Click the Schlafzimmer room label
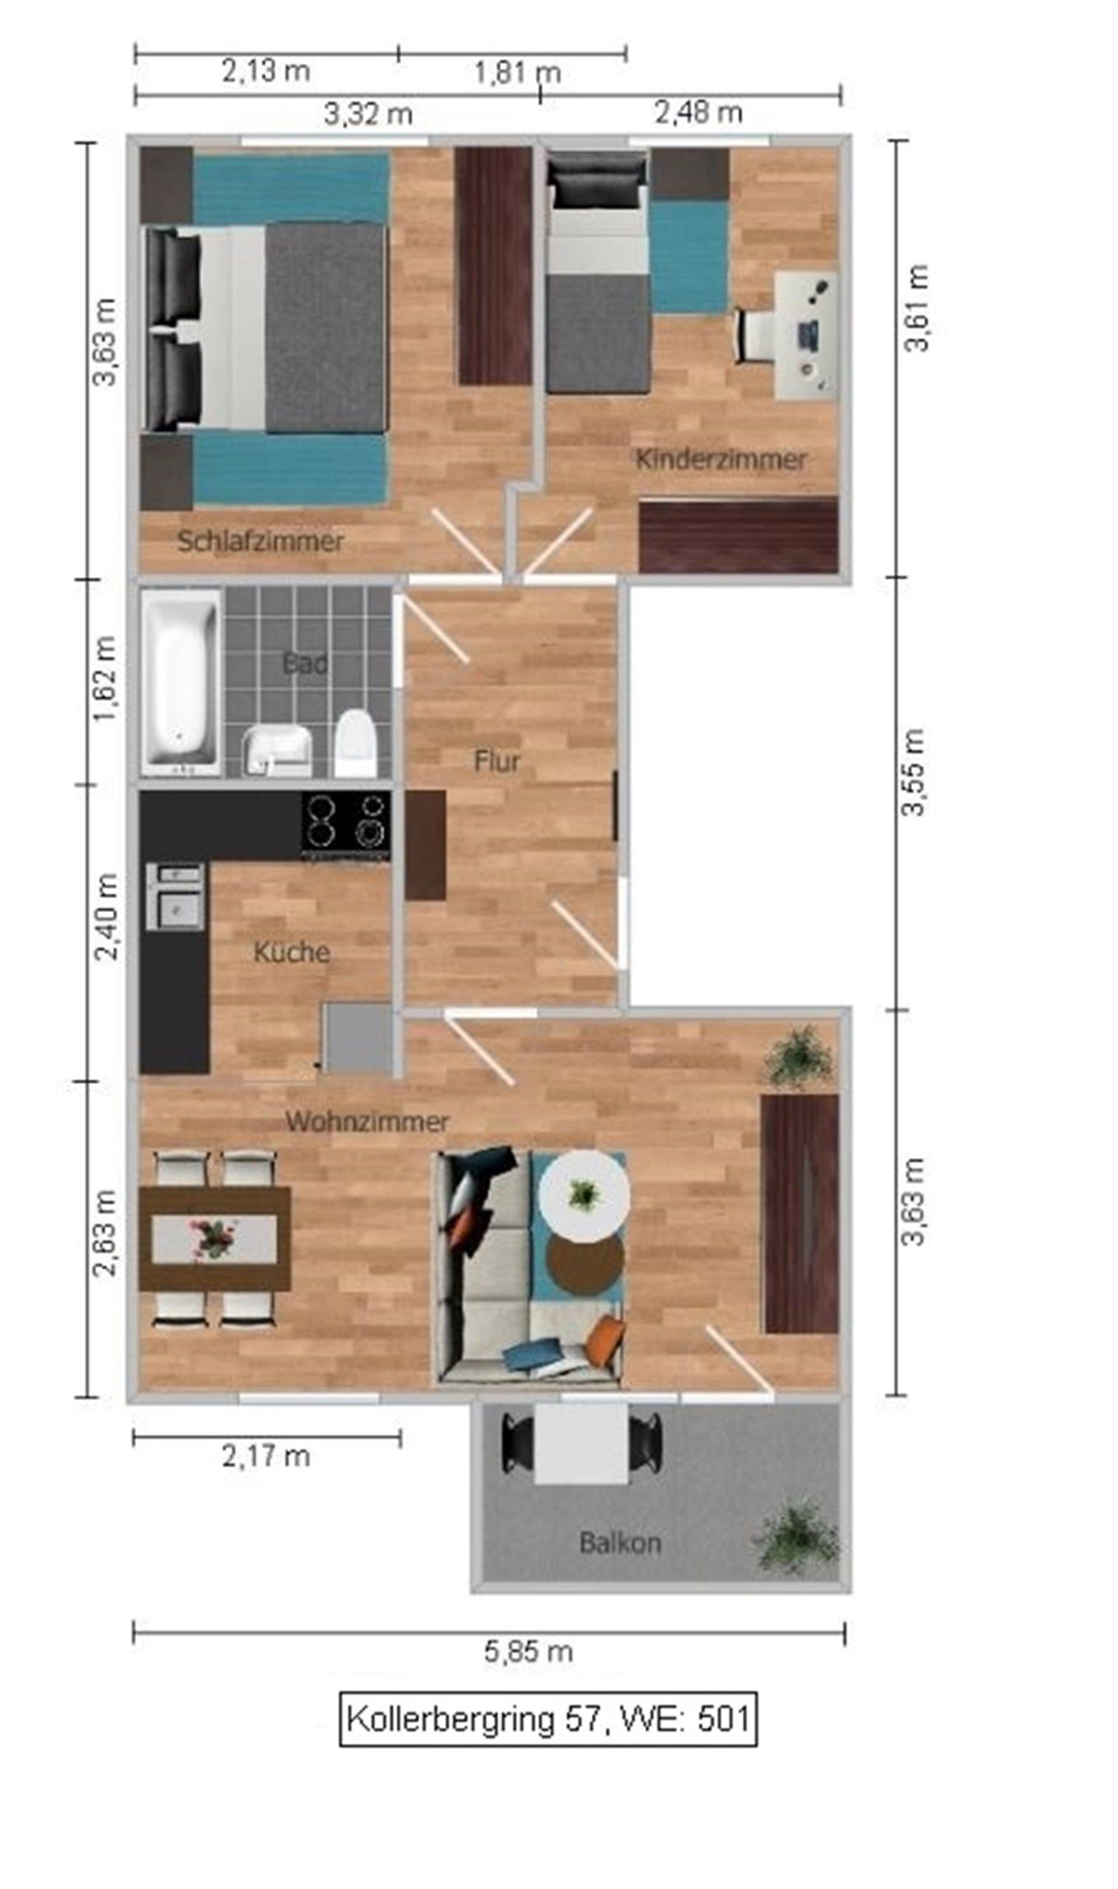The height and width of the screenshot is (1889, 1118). click(260, 542)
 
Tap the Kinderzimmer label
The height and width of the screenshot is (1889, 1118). click(721, 459)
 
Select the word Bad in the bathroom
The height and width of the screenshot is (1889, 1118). click(305, 663)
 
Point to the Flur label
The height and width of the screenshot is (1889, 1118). click(497, 761)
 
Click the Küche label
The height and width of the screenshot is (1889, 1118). click(291, 952)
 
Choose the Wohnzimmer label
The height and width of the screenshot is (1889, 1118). click(367, 1122)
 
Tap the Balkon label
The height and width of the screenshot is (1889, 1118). click(620, 1543)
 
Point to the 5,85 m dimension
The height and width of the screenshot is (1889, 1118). click(528, 1651)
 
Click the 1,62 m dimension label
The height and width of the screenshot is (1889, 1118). click(104, 679)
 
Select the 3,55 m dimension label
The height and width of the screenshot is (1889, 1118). click(914, 772)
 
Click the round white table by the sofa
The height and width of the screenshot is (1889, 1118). click(584, 1195)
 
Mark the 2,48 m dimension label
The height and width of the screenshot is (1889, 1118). click(698, 113)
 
